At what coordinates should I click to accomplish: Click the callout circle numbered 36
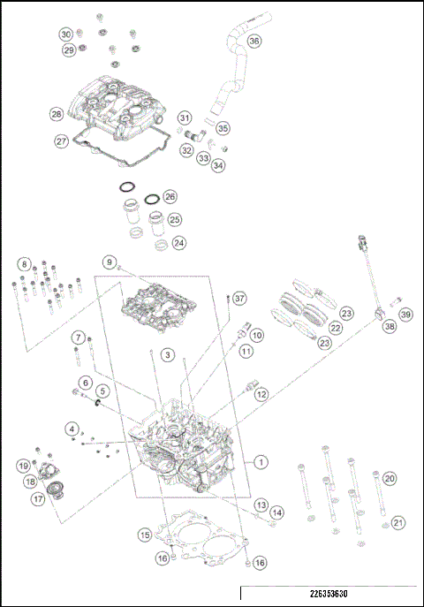coord(254,41)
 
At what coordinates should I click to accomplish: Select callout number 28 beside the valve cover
coord(57,114)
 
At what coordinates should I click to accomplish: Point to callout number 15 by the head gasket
coord(143,535)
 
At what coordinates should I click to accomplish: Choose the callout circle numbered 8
coord(24,263)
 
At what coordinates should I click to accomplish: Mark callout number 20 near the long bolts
coord(389,478)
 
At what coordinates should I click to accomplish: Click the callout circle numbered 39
coord(405,315)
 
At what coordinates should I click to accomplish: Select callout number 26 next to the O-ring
coord(170,196)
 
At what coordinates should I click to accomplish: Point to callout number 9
coord(110,262)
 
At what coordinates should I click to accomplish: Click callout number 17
coord(38,498)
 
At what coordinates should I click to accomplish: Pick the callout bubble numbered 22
coord(336,327)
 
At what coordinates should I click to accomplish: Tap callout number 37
coord(239,298)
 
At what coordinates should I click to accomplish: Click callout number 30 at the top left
coord(66,34)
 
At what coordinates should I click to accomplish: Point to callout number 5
coord(102,391)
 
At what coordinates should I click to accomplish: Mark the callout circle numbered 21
coord(398,522)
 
